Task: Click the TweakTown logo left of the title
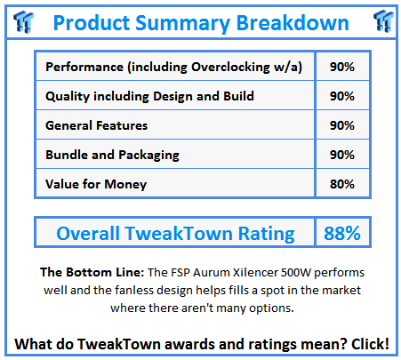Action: point(24,21)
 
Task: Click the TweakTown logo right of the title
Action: point(383,20)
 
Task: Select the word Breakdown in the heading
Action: point(293,23)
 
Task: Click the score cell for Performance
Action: point(342,67)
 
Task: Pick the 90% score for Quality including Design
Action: point(342,96)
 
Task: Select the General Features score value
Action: point(342,125)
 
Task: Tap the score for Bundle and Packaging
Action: point(342,155)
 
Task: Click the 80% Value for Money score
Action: point(342,184)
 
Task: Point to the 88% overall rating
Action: point(342,233)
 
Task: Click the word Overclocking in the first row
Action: point(230,68)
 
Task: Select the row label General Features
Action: point(96,125)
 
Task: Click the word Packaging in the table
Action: point(148,156)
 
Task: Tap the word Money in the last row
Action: point(125,185)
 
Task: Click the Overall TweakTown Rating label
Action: point(175,234)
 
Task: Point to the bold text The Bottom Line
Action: point(92,272)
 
